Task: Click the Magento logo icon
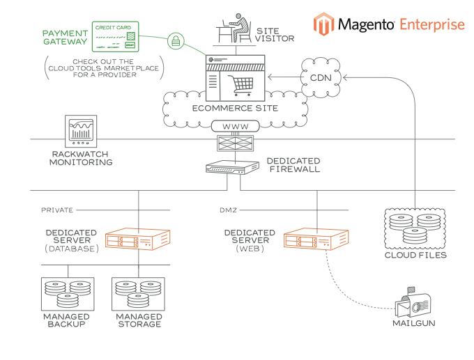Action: (x=323, y=24)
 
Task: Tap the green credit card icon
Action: (x=118, y=37)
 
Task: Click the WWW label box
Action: (x=234, y=127)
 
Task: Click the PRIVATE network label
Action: (x=57, y=210)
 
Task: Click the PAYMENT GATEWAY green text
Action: (x=65, y=37)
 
